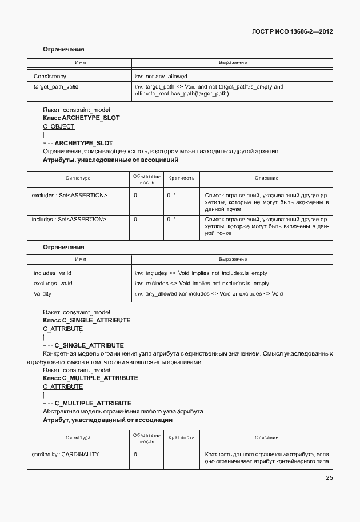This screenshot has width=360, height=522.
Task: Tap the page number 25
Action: pos(329,478)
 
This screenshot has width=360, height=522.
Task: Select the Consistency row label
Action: pos(50,76)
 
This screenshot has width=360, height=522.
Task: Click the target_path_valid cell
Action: pos(56,87)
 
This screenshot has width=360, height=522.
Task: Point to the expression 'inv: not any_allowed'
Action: pos(161,76)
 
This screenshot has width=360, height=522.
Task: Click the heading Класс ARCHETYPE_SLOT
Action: pos(81,117)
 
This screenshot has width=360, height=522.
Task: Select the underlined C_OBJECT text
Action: pos(58,126)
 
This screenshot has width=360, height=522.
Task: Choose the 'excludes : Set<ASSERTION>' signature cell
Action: pos(69,196)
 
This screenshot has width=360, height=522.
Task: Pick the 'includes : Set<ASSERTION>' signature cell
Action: pos(69,219)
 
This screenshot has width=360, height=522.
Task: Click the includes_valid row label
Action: pos(53,273)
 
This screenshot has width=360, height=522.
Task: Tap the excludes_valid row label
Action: pos(53,283)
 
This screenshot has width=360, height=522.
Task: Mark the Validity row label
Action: pos(43,293)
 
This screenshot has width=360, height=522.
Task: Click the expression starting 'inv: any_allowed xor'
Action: pos(209,293)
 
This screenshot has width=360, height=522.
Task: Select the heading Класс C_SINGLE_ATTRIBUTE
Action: pos(86,320)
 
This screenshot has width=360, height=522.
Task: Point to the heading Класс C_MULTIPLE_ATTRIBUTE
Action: pos(90,378)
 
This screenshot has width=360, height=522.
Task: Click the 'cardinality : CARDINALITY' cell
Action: pos(65,454)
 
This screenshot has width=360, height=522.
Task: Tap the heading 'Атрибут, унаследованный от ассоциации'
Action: pos(107,420)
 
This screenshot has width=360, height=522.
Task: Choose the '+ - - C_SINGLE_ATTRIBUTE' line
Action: pos(83,345)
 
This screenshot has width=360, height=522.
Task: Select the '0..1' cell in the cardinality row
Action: pos(138,454)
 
